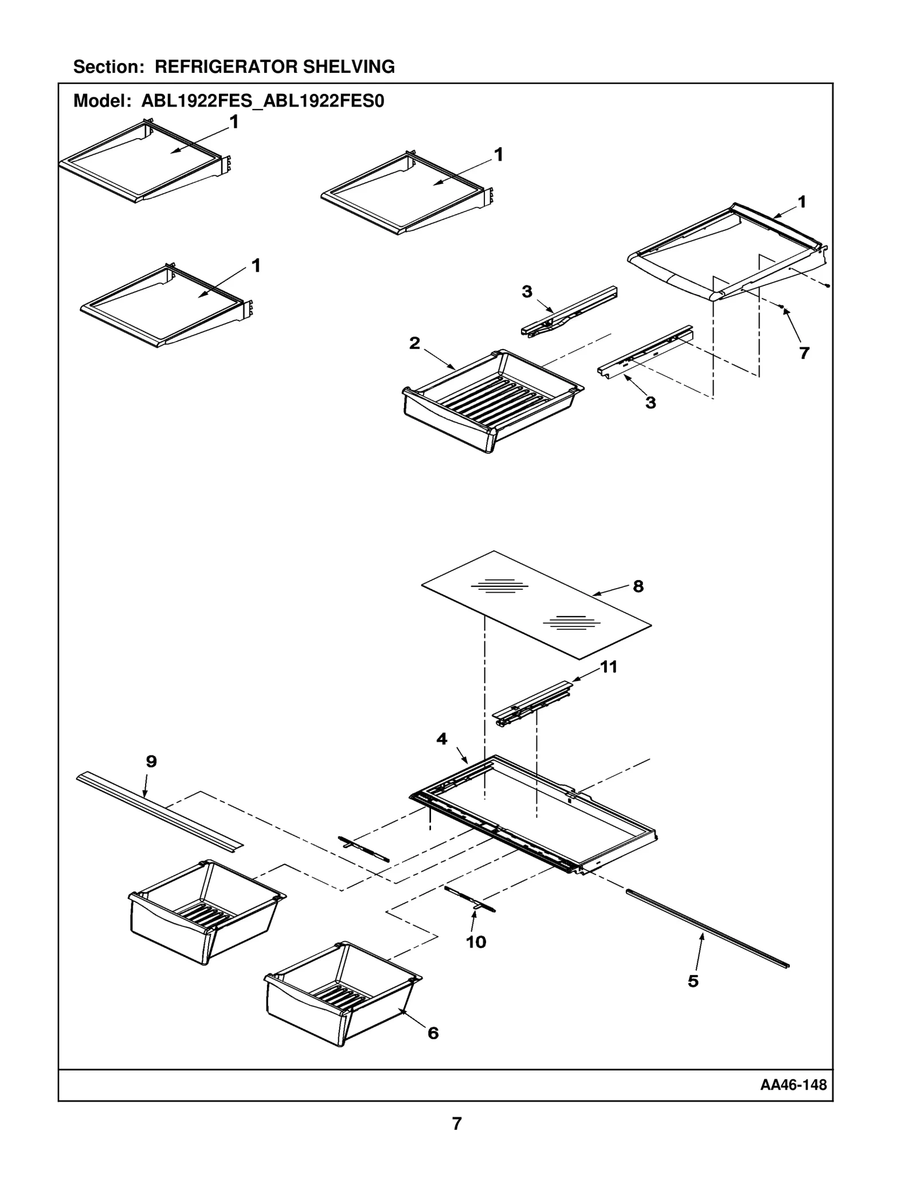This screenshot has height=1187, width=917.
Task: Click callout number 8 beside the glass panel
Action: click(638, 586)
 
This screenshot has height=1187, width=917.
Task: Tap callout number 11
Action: click(608, 667)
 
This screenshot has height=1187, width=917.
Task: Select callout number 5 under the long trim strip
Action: click(693, 981)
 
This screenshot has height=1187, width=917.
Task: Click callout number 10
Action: click(476, 942)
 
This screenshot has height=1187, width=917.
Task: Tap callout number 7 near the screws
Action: click(804, 353)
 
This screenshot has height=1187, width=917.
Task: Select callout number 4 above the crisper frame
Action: click(441, 739)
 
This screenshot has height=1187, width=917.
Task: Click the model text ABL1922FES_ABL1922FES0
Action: click(262, 101)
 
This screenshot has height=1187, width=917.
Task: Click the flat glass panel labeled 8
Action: click(536, 605)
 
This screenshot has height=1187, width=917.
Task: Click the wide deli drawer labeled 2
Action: click(493, 401)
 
